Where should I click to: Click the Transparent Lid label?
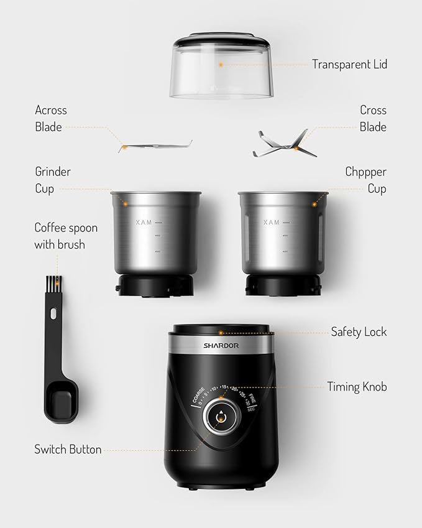click(x=349, y=64)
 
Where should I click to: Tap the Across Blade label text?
click(x=50, y=118)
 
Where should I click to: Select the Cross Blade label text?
click(x=373, y=118)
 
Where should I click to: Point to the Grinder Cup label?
click(x=52, y=180)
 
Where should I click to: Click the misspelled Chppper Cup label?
click(x=365, y=180)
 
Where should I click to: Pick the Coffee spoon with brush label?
click(x=65, y=236)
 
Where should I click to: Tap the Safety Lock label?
click(x=359, y=332)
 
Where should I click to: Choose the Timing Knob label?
click(x=357, y=387)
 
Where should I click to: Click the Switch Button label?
click(x=68, y=449)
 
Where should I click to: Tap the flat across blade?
click(x=155, y=146)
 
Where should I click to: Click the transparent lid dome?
click(x=221, y=68)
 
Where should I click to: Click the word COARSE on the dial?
click(x=198, y=394)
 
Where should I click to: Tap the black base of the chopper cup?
click(x=283, y=285)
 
